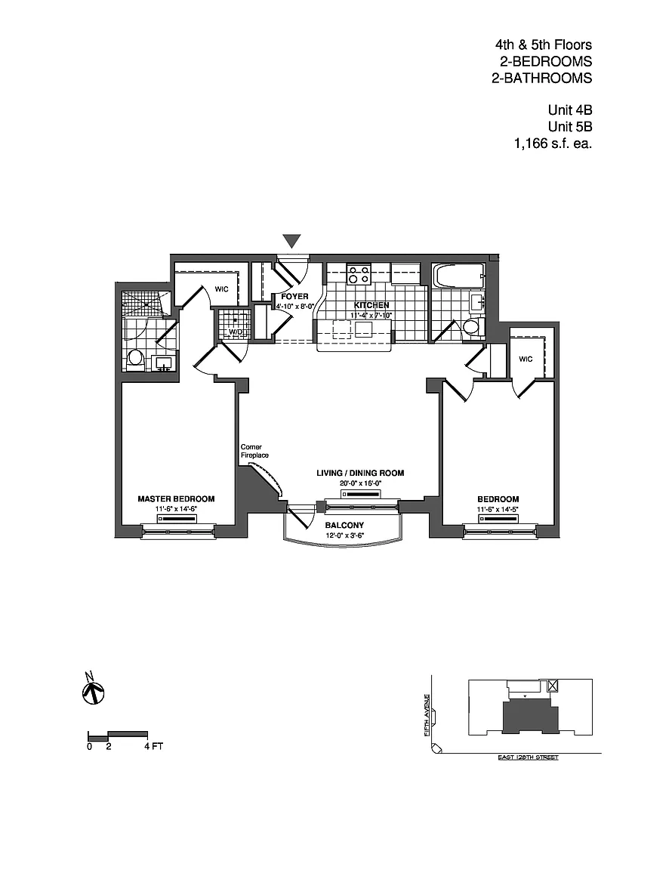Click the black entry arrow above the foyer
click(x=292, y=241)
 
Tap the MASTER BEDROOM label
click(x=176, y=499)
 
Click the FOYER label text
click(x=291, y=297)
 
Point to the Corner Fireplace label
click(x=254, y=451)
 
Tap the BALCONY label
click(x=344, y=526)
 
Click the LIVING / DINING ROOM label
click(x=360, y=474)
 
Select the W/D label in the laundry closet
click(x=236, y=332)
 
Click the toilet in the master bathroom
click(x=136, y=357)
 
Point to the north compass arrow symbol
click(x=92, y=689)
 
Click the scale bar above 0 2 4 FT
click(x=118, y=734)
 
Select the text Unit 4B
click(x=570, y=110)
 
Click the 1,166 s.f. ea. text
click(x=552, y=143)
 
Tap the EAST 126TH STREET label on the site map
click(x=528, y=757)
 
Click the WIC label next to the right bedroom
click(x=526, y=359)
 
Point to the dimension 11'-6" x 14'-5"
click(x=498, y=510)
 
